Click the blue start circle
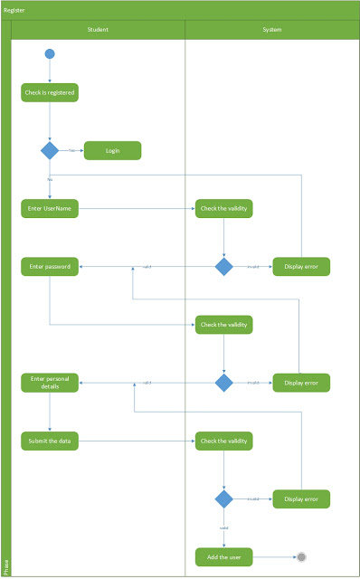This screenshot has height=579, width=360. click(x=50, y=53)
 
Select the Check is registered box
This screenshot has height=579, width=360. click(x=50, y=92)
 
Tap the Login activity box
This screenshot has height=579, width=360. click(x=112, y=150)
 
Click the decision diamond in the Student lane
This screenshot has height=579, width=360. click(x=50, y=150)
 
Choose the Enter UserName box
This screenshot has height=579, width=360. click(x=50, y=209)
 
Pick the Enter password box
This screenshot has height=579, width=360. click(x=50, y=267)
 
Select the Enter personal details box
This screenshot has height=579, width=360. click(x=50, y=383)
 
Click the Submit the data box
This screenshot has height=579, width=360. click(x=50, y=441)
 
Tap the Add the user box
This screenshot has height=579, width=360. click(x=223, y=556)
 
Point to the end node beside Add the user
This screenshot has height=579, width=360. click(x=301, y=556)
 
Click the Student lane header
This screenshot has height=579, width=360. click(x=98, y=30)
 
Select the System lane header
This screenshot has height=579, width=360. click(x=272, y=30)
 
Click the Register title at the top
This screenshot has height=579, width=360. click(x=14, y=10)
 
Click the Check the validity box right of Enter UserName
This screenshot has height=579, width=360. click(x=223, y=209)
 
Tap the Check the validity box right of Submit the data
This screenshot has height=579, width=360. click(x=223, y=441)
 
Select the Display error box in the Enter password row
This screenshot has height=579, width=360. click(x=301, y=267)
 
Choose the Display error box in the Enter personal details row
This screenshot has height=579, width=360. click(x=301, y=383)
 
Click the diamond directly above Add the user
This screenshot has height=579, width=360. click(x=223, y=498)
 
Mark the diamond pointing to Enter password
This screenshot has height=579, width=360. click(x=223, y=267)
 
